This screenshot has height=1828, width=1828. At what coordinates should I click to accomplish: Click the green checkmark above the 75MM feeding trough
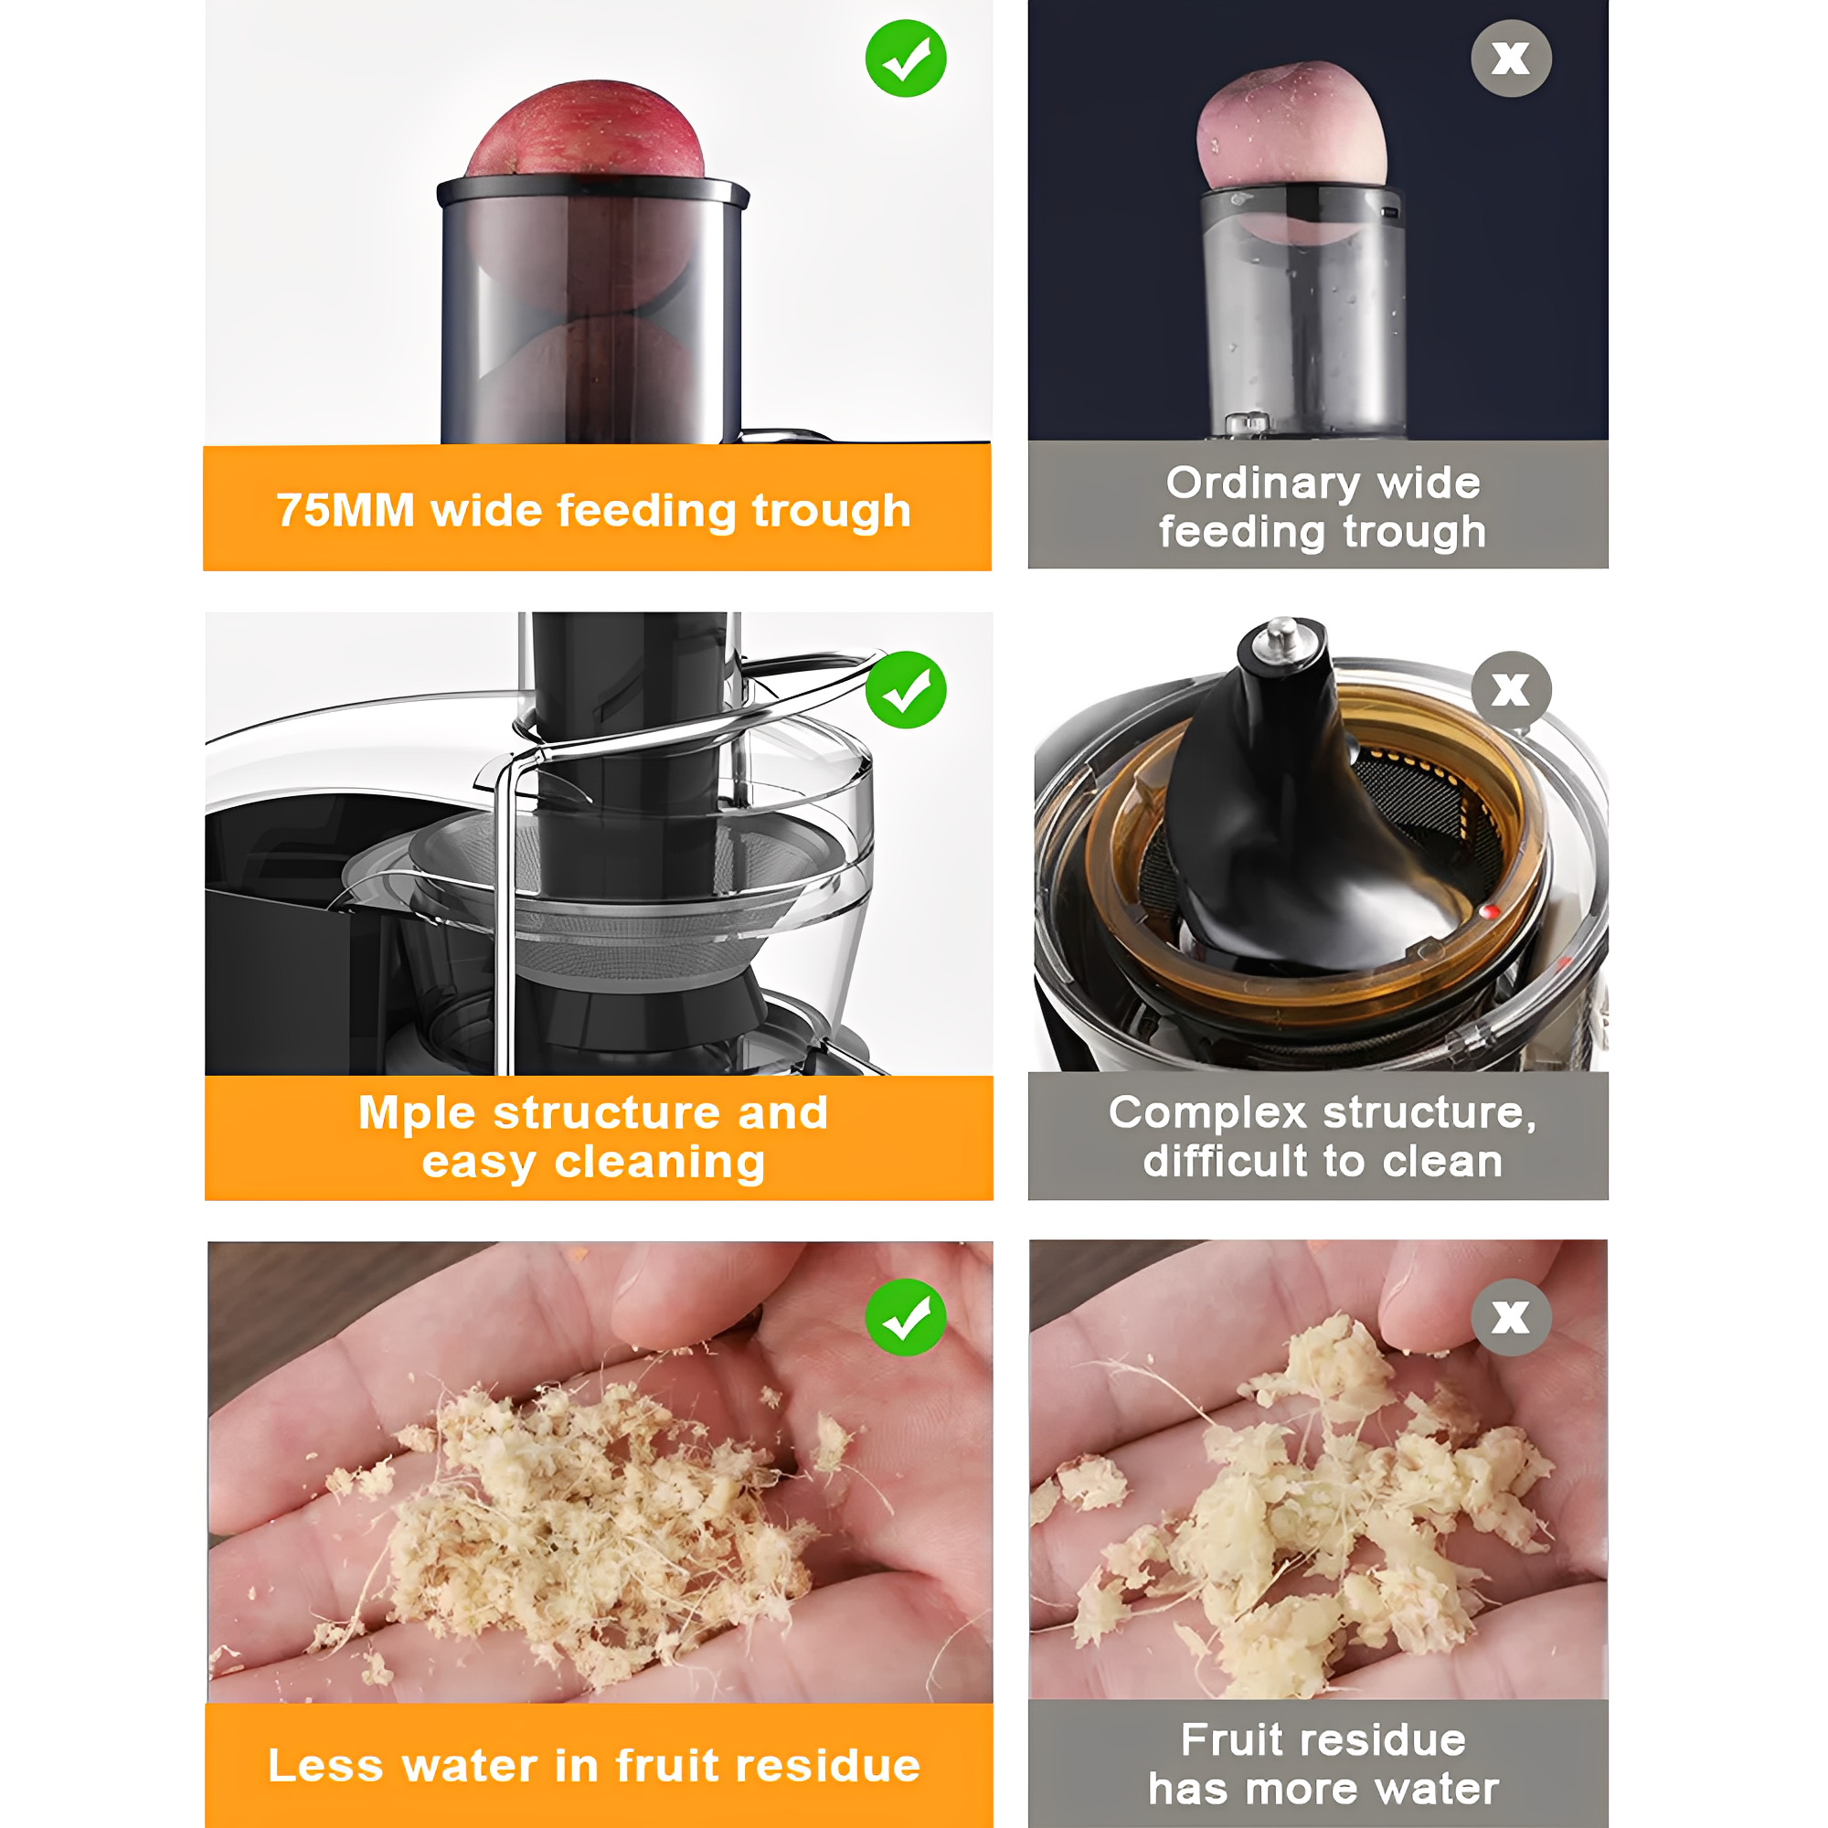point(906,58)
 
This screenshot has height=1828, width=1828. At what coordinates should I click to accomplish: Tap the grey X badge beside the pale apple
point(1510,58)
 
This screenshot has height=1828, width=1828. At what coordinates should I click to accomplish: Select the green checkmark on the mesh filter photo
point(906,690)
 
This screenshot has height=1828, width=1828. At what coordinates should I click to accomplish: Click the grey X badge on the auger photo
point(1510,690)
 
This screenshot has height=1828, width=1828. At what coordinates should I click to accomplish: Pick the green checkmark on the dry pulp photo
point(906,1317)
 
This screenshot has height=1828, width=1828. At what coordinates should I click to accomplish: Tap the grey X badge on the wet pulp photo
point(1510,1317)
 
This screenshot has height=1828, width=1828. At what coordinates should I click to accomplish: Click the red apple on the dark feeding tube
point(586,130)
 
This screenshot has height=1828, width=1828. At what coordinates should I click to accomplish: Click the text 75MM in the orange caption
point(345,510)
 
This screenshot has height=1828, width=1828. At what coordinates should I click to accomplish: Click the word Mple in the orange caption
point(418,1113)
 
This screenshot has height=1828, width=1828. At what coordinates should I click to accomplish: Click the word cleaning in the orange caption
point(660,1163)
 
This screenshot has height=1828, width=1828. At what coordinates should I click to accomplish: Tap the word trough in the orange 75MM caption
point(831,512)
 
